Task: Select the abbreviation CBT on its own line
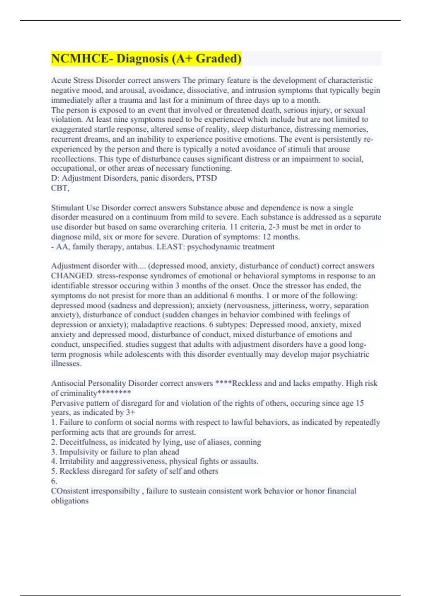[x=59, y=188]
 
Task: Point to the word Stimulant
[x=68, y=208]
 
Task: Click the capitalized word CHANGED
[x=72, y=276]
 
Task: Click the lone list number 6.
[x=54, y=481]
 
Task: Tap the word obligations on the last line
[x=70, y=501]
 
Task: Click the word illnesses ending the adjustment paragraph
[x=66, y=364]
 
